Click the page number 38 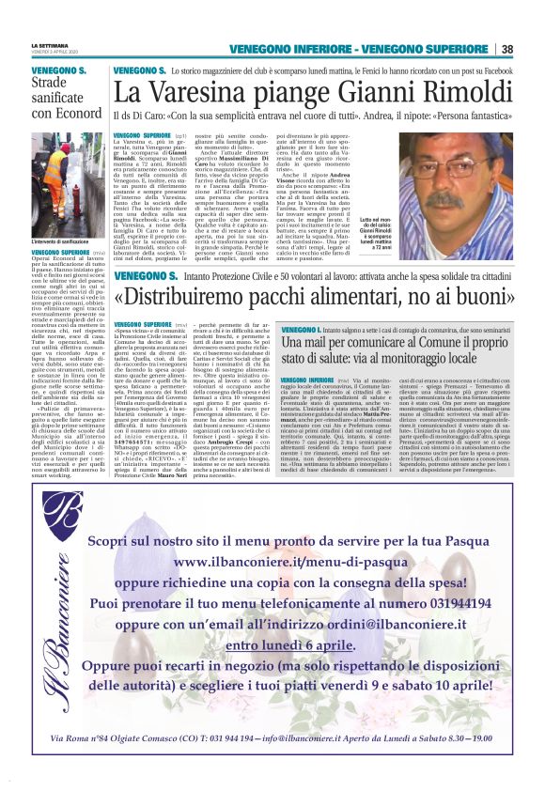coord(507,49)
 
